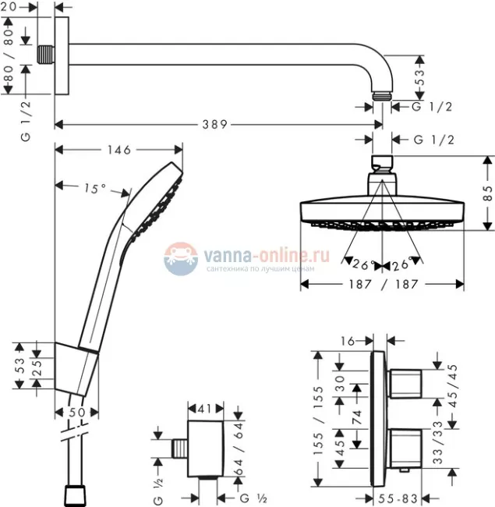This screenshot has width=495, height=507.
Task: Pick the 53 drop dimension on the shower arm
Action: click(419, 76)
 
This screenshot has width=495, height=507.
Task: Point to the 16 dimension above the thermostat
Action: click(348, 340)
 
